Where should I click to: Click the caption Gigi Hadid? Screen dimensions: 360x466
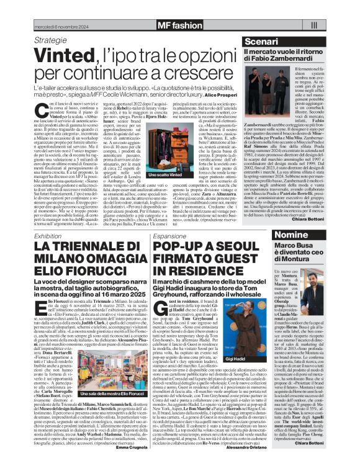(x=210, y=375)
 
